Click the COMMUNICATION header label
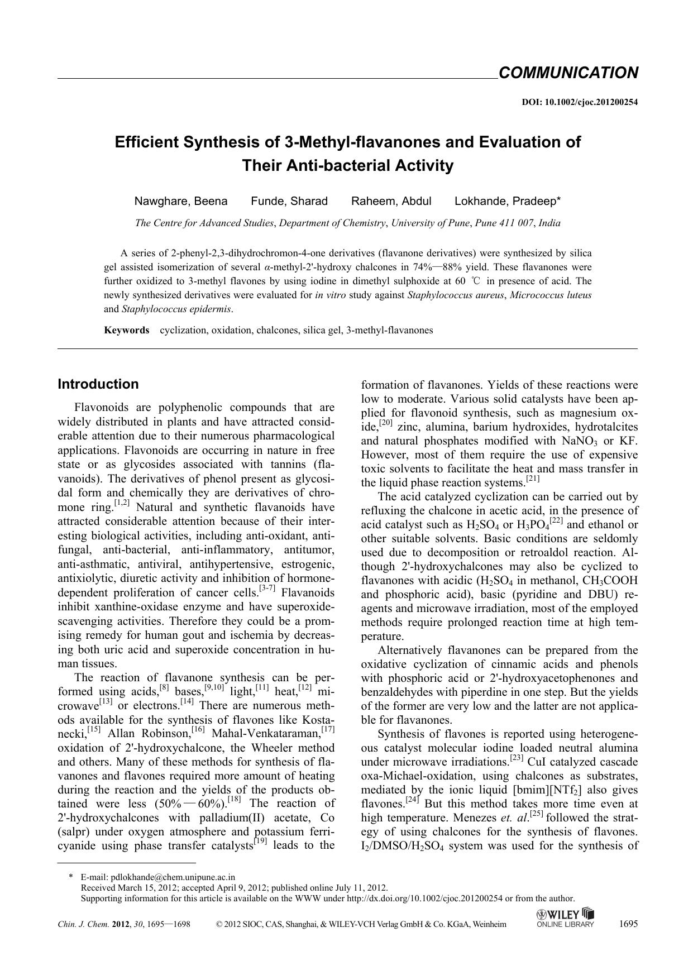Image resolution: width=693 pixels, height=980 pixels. tap(568, 73)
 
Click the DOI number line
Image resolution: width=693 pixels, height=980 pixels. tap(580, 102)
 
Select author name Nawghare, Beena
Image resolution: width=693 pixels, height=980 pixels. tap(180, 201)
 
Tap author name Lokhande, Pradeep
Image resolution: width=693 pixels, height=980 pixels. tap(507, 201)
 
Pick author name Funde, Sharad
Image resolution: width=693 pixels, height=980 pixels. tap(289, 201)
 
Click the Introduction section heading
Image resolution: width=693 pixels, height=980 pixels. tap(98, 384)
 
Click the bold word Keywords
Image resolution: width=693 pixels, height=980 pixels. tap(126, 330)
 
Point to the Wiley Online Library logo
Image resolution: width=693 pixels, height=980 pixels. tap(565, 917)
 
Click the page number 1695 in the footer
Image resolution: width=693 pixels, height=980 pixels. tap(628, 924)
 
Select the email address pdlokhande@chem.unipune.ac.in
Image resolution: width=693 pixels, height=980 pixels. tap(173, 877)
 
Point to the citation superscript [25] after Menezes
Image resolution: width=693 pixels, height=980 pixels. tap(537, 814)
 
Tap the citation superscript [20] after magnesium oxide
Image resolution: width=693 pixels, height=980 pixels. tap(386, 423)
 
